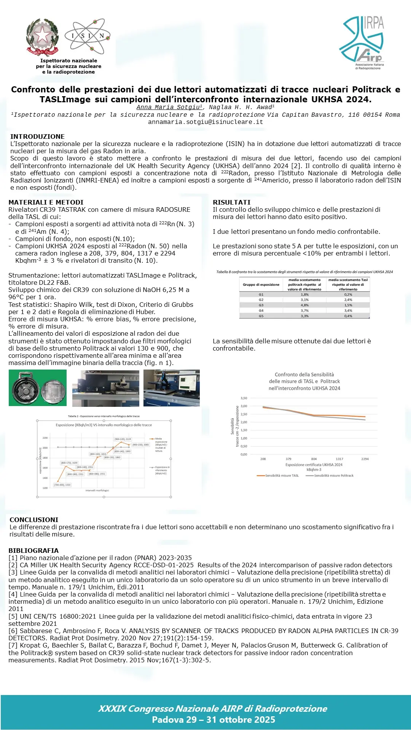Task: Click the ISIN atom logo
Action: point(88,36)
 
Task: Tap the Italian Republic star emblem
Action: point(42,37)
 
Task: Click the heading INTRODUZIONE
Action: point(37,136)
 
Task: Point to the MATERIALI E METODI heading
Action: point(46,202)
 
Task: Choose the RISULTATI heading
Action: point(231,202)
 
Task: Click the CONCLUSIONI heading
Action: point(34,520)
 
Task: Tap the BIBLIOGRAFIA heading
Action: point(33,551)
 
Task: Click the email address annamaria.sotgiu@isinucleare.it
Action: point(205,122)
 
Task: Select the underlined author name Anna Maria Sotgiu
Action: point(169,107)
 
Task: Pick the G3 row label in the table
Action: point(261,305)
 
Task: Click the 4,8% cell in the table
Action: point(304,305)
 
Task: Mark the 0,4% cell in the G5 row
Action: point(348,316)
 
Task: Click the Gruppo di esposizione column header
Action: point(261,284)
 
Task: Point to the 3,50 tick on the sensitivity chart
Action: point(244,398)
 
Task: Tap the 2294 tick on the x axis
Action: point(365,459)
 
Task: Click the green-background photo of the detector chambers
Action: point(37,388)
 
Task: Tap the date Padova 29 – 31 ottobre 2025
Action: point(213,720)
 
